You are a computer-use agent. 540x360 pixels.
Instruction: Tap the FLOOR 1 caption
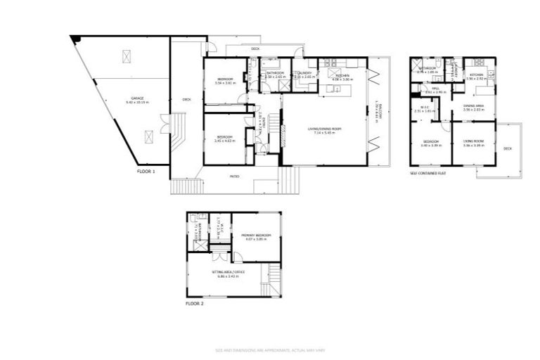click(146, 171)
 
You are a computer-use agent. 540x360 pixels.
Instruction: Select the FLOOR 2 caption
click(195, 304)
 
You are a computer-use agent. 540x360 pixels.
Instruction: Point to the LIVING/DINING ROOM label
click(324, 129)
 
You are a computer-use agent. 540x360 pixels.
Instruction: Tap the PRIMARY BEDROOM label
click(256, 235)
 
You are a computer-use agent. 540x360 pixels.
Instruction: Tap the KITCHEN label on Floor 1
click(342, 75)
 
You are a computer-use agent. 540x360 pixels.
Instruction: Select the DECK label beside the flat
click(508, 149)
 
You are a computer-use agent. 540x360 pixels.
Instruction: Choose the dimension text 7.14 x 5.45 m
click(324, 133)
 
